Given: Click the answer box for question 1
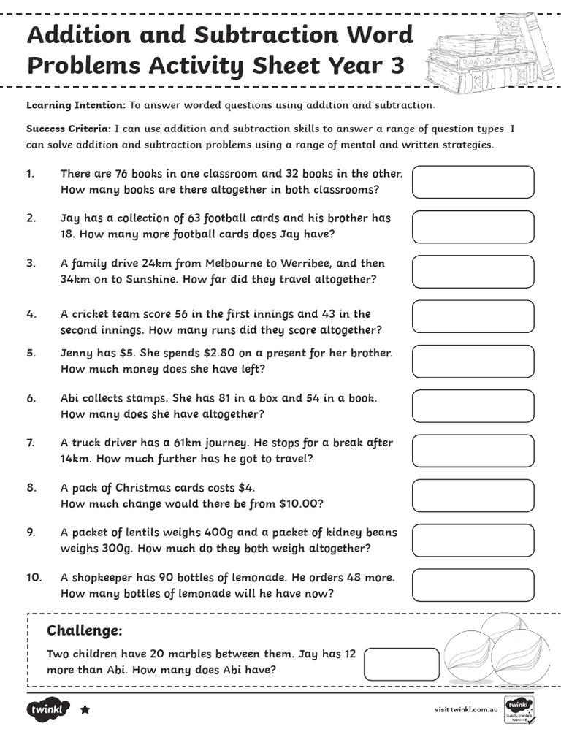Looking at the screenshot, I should click(473, 182).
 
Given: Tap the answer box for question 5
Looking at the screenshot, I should click(473, 361).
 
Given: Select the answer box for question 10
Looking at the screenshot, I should click(473, 584).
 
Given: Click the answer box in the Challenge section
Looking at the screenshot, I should click(401, 663).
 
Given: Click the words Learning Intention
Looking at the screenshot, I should click(76, 105).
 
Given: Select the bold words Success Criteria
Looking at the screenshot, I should click(69, 129).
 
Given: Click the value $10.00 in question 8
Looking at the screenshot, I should click(301, 503).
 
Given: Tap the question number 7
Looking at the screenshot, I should click(31, 443).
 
